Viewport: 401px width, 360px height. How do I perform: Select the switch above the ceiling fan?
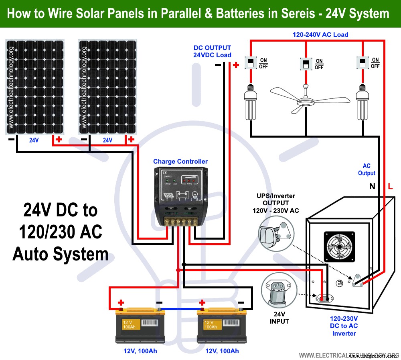click(306, 64)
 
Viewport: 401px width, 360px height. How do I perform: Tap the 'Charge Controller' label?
click(180, 162)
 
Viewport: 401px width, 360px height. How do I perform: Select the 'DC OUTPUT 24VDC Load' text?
click(212, 52)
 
